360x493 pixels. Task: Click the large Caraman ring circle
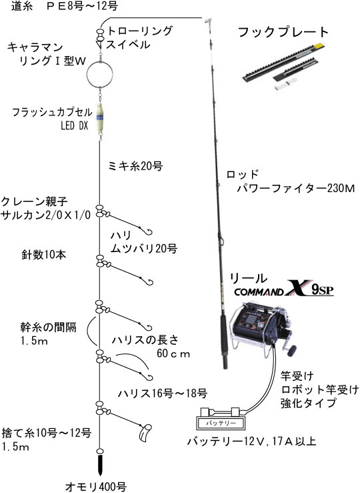[87, 75]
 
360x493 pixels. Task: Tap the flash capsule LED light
[100, 118]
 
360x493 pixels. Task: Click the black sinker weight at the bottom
[100, 464]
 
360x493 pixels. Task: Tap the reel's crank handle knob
[292, 349]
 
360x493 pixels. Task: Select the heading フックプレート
[283, 32]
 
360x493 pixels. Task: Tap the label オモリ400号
[96, 486]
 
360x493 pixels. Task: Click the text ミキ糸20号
[135, 166]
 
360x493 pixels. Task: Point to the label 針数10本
[44, 255]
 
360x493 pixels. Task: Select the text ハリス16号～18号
[163, 393]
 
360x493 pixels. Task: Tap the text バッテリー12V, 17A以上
[251, 442]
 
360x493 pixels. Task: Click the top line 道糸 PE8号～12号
[65, 6]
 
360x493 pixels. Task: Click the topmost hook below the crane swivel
[149, 231]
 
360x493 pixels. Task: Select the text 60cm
[173, 354]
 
